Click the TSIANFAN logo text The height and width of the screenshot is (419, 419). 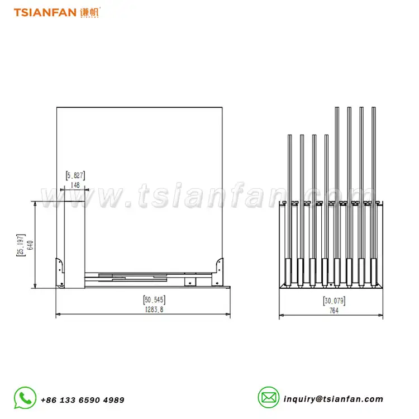pyautogui.click(x=45, y=12)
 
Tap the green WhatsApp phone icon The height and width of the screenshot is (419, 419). pyautogui.click(x=25, y=398)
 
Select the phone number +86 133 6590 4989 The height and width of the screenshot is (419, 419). pyautogui.click(x=83, y=400)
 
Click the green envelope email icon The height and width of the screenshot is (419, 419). pyautogui.click(x=269, y=397)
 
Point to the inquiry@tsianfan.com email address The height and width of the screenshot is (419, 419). pyautogui.click(x=333, y=399)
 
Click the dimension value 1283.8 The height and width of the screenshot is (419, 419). pyautogui.click(x=154, y=310)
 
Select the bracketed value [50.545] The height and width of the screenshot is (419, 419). pyautogui.click(x=154, y=300)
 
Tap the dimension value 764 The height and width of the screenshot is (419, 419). pyautogui.click(x=334, y=311)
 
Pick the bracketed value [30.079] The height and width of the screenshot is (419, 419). pyautogui.click(x=334, y=301)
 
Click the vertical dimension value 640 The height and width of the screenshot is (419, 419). pyautogui.click(x=31, y=245)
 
